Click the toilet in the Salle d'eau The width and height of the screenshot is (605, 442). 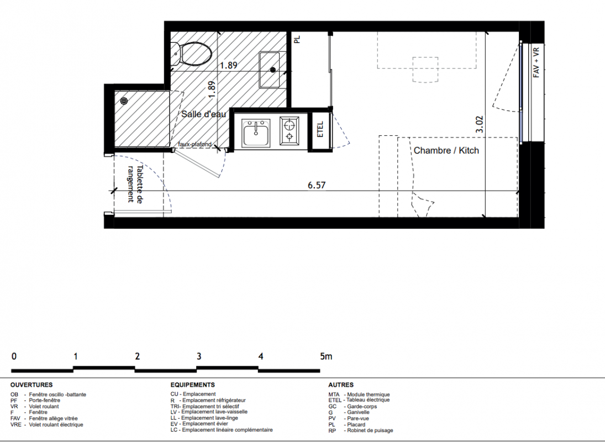[191, 54]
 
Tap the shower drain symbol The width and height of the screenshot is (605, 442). [124, 101]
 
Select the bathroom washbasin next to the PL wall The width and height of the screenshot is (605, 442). [272, 70]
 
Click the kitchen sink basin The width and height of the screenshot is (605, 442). [256, 132]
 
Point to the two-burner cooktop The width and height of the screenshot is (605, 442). [289, 130]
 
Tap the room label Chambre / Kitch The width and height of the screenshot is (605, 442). [446, 150]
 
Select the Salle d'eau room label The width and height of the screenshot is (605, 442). [204, 114]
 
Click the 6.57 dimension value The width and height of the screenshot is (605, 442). [317, 185]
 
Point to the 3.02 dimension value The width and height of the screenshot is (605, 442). [479, 124]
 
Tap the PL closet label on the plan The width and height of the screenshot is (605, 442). [297, 39]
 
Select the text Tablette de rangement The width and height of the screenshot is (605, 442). [135, 184]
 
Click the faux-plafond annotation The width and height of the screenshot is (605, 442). [195, 144]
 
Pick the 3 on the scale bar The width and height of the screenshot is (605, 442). [199, 356]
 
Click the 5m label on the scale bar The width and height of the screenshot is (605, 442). [326, 356]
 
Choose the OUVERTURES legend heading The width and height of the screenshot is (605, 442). [31, 385]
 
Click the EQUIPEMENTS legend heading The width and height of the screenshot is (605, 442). [192, 385]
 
